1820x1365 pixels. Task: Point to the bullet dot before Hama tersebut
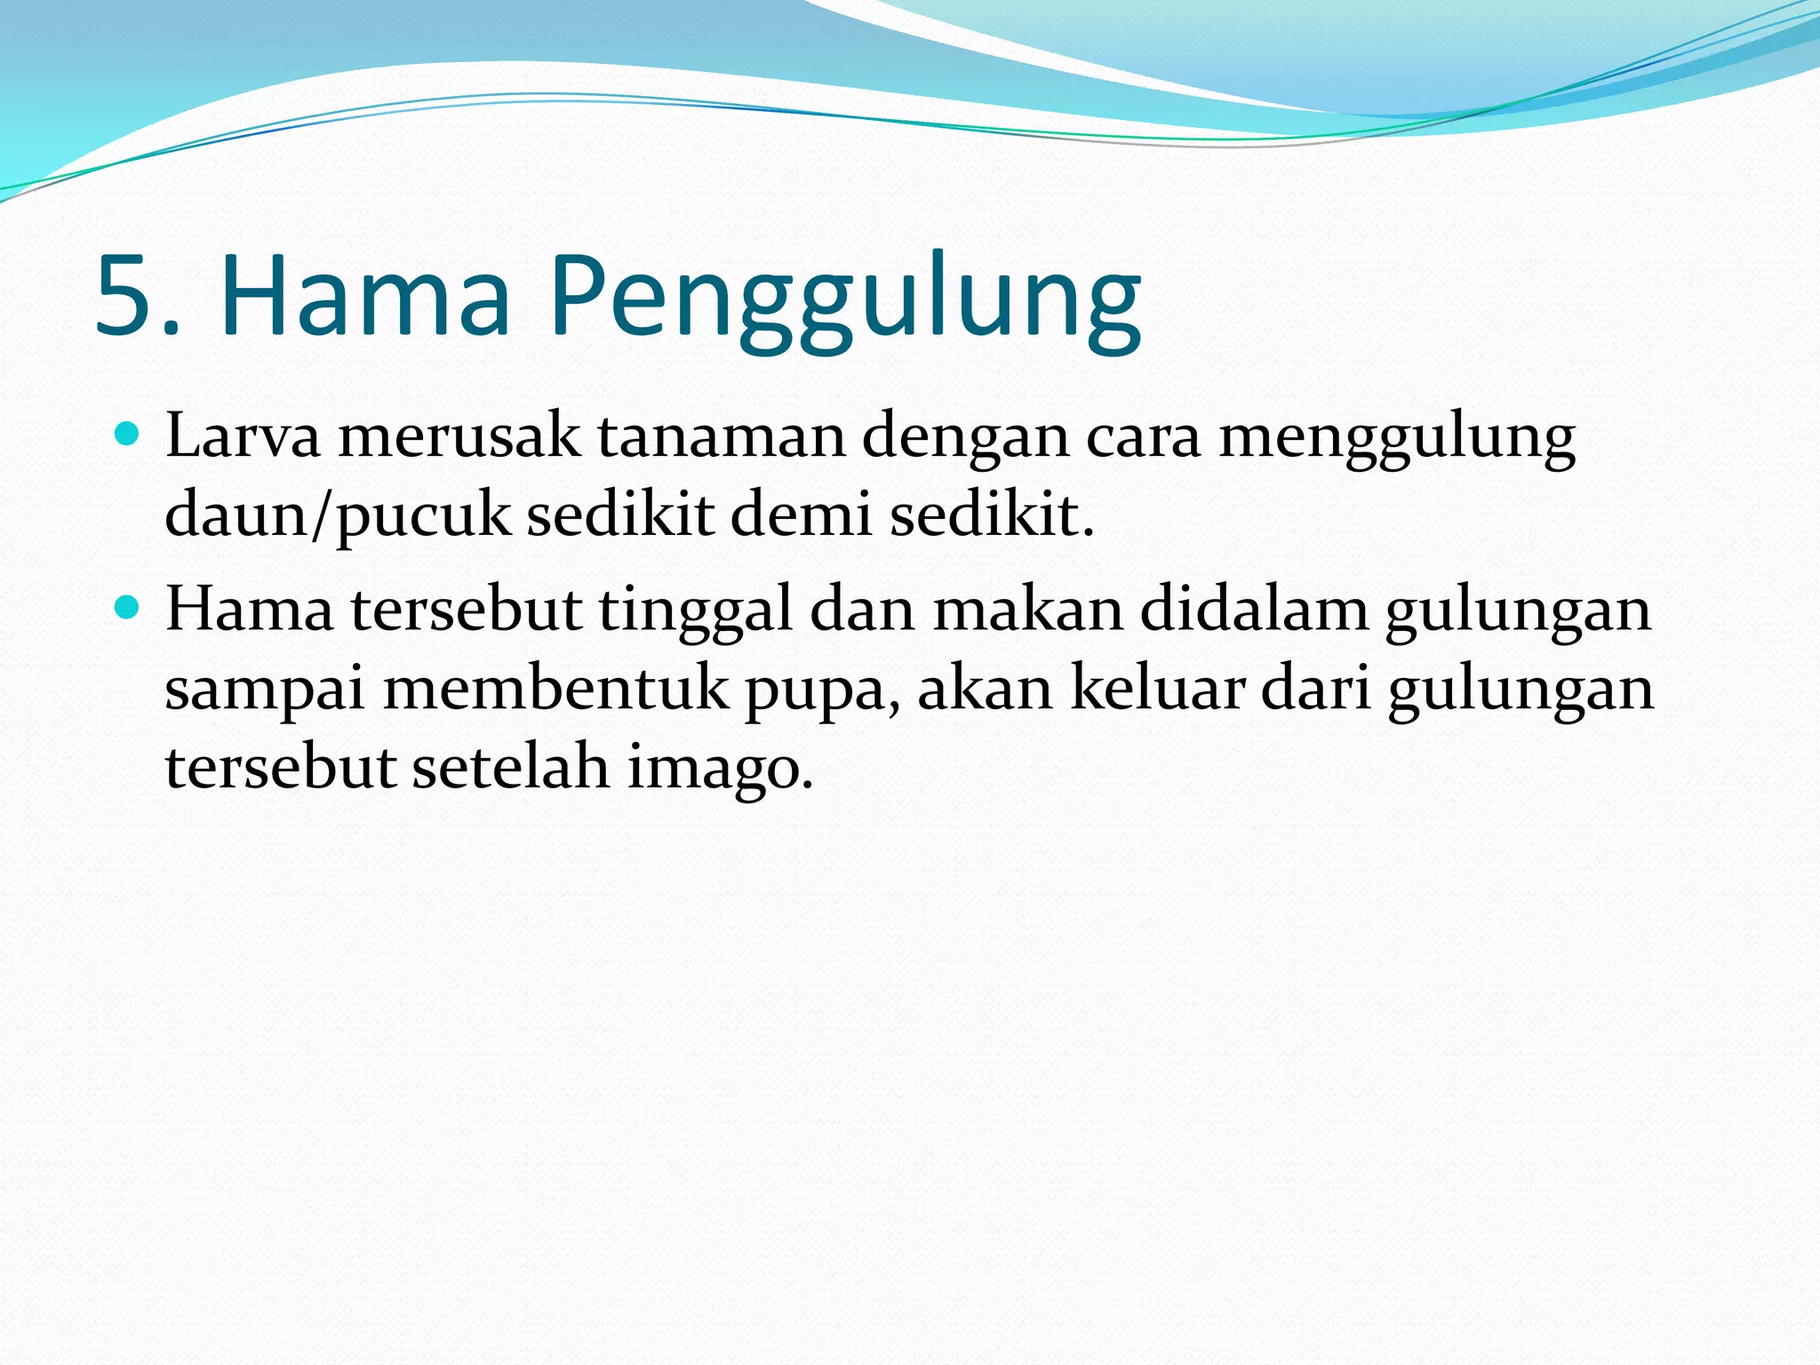[129, 609]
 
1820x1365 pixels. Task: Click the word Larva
[243, 437]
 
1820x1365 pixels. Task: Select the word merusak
[459, 437]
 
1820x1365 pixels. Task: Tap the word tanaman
[721, 437]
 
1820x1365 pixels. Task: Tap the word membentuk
[555, 689]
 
